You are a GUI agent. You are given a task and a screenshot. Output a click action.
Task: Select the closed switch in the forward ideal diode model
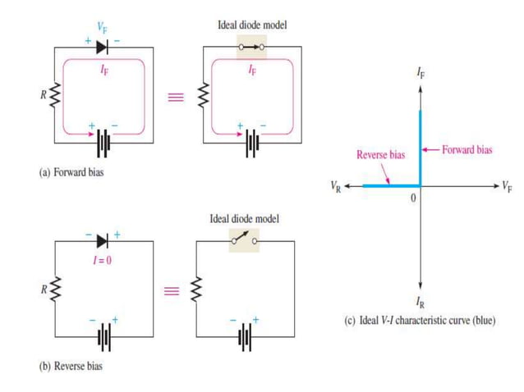tap(251, 47)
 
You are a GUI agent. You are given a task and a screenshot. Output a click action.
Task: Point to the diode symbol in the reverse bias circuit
tap(102, 240)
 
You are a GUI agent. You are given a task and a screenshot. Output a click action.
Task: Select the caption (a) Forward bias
tap(79, 173)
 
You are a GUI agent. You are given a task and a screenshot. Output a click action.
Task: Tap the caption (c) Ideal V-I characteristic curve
tap(419, 320)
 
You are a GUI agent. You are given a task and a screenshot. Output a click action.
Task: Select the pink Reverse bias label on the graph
tap(381, 154)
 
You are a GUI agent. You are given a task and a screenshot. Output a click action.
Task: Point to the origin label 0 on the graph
tap(415, 198)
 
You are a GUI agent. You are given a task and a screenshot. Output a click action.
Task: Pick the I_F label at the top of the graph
tap(421, 74)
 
